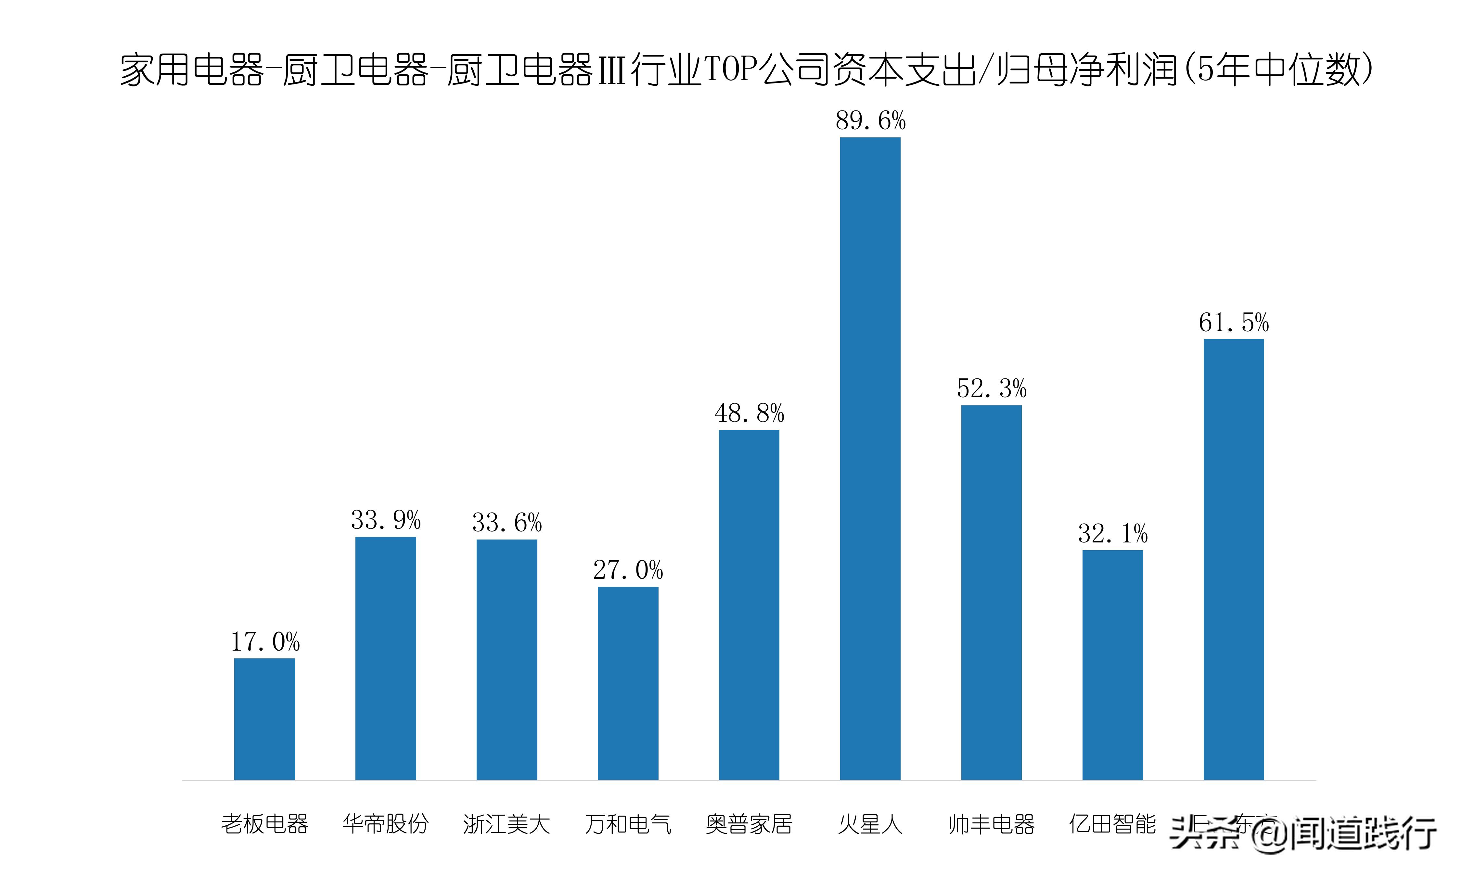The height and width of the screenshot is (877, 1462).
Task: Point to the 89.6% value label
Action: [x=870, y=121]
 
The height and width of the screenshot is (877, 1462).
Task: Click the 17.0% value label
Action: [x=265, y=642]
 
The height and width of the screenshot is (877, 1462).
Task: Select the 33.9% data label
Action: [x=385, y=520]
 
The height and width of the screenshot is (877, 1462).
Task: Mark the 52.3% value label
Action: [x=991, y=389]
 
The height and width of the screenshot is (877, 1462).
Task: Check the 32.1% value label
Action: [x=1112, y=534]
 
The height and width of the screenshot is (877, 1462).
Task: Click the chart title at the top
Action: [x=746, y=70]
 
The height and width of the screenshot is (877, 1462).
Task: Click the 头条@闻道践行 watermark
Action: [x=1303, y=833]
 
